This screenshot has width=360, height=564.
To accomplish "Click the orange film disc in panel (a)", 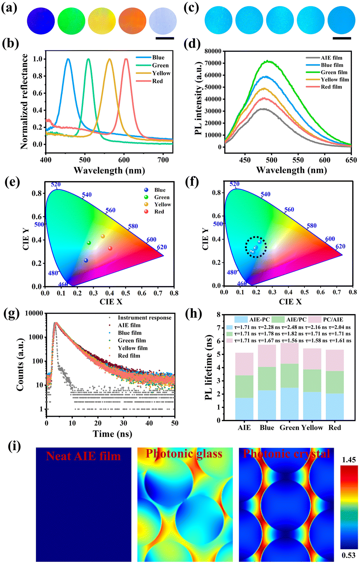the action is click(x=132, y=21).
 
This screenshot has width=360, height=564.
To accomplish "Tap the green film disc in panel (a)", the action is click(x=71, y=21).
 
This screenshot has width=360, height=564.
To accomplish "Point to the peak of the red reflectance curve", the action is click(x=126, y=59).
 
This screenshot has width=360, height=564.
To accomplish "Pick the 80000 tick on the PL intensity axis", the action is click(x=214, y=51).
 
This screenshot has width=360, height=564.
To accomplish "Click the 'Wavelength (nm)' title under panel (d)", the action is click(x=292, y=170).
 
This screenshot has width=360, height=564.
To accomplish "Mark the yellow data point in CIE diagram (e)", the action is click(x=103, y=236).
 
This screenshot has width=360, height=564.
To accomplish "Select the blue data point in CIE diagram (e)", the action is click(x=86, y=261).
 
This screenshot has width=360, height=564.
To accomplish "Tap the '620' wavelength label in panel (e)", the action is click(x=162, y=247).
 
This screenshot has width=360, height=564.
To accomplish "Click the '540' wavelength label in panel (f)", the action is click(x=265, y=194).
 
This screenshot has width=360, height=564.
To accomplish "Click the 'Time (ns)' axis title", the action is click(x=113, y=434).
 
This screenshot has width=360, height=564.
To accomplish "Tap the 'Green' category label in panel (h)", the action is click(x=289, y=428).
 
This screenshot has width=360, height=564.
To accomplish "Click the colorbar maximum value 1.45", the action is click(x=349, y=460).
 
